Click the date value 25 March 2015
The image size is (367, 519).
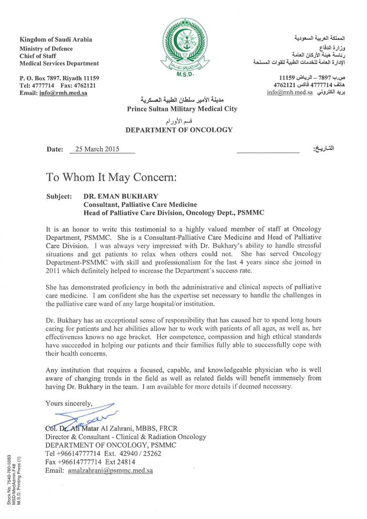coord(98,149)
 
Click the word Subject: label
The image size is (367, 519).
coord(59,196)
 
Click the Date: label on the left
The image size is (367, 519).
coord(55,149)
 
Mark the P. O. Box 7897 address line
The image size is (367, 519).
coord(59,78)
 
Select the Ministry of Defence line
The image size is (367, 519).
coord(46,49)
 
